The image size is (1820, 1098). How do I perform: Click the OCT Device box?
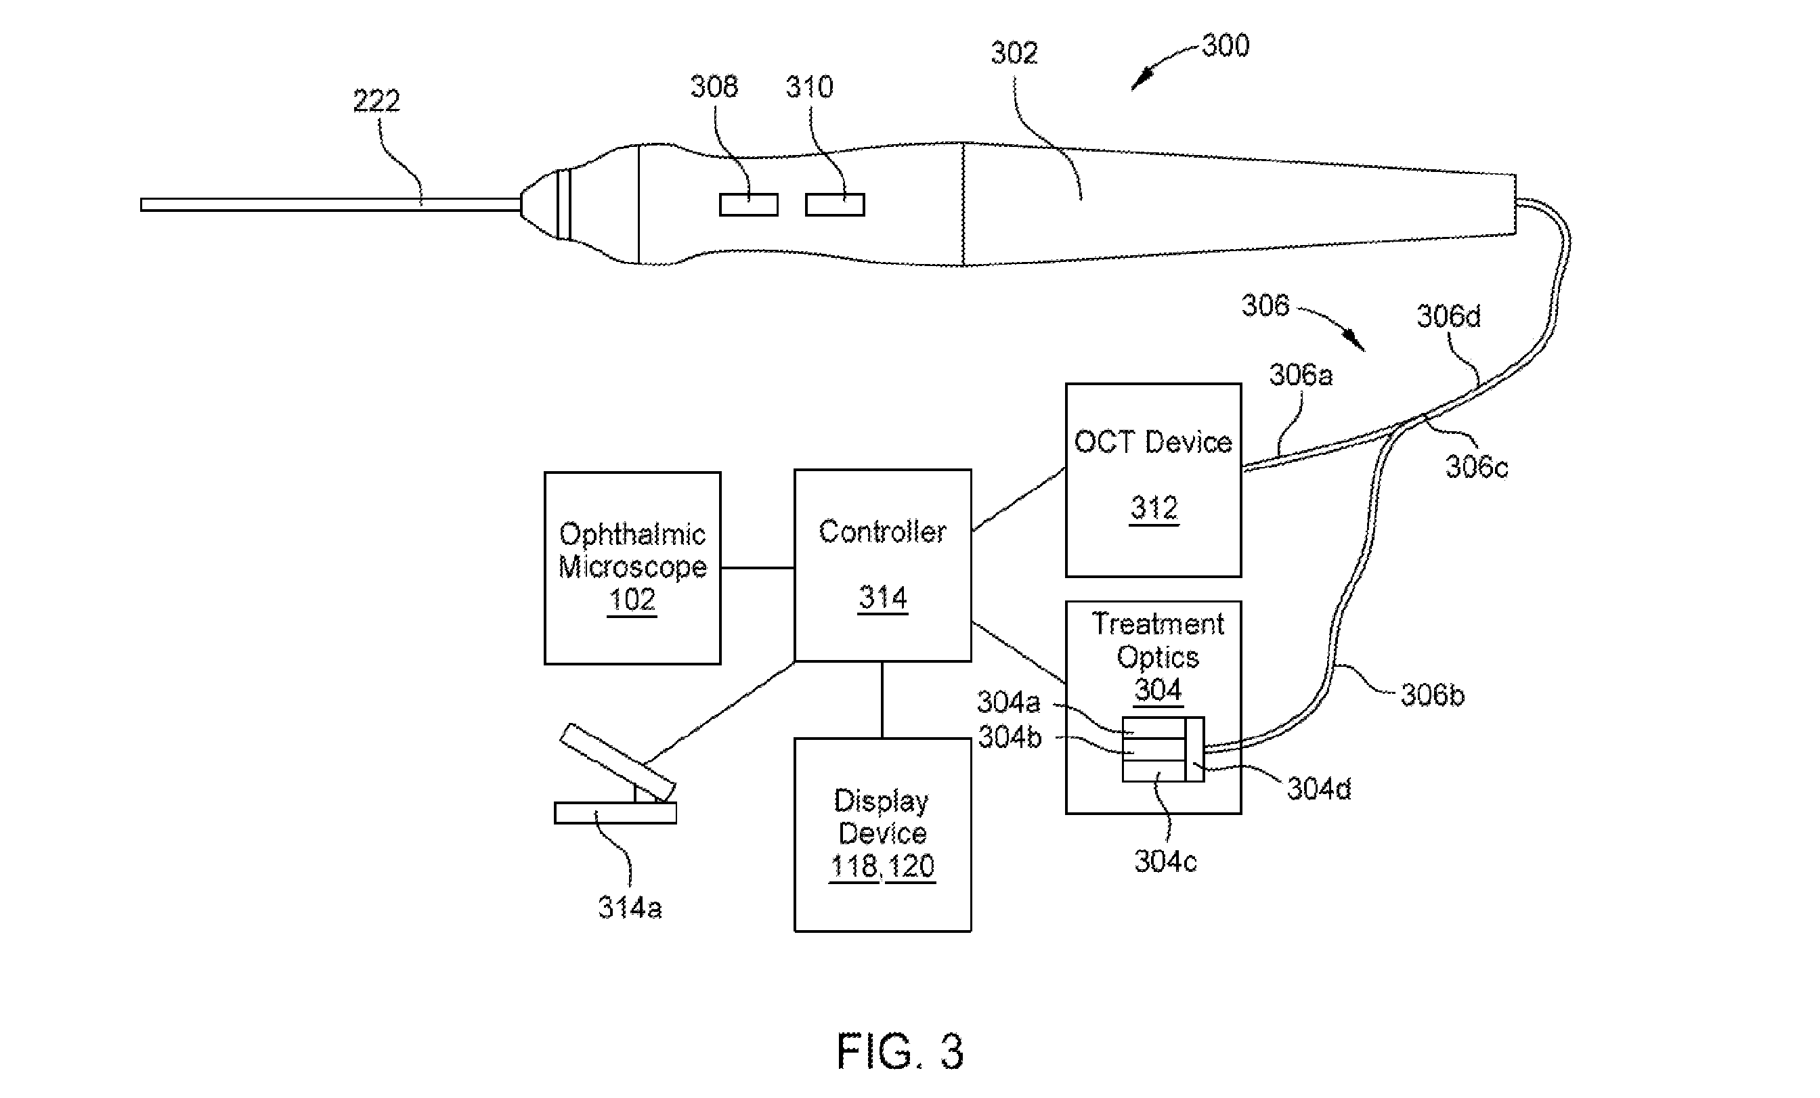1153,480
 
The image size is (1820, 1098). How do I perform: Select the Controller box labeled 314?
883,565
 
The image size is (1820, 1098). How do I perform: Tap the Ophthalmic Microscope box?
632,568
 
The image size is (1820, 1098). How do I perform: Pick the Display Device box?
883,835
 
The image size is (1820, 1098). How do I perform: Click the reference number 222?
376,100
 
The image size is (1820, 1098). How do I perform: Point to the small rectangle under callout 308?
749,204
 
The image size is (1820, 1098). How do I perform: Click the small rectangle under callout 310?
835,204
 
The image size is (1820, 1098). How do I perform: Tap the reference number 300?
1226,46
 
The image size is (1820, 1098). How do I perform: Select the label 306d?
1448,316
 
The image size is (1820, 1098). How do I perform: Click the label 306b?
1432,695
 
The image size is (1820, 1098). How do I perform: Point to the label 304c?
1165,861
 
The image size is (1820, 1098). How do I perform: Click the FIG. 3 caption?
900,1051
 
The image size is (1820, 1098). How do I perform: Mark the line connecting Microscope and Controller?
758,568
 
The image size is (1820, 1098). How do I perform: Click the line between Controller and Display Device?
882,700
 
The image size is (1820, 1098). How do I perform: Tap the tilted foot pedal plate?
617,763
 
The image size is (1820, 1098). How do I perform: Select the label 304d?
1319,789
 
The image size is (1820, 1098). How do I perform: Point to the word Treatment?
1157,624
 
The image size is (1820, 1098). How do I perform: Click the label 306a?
1301,375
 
